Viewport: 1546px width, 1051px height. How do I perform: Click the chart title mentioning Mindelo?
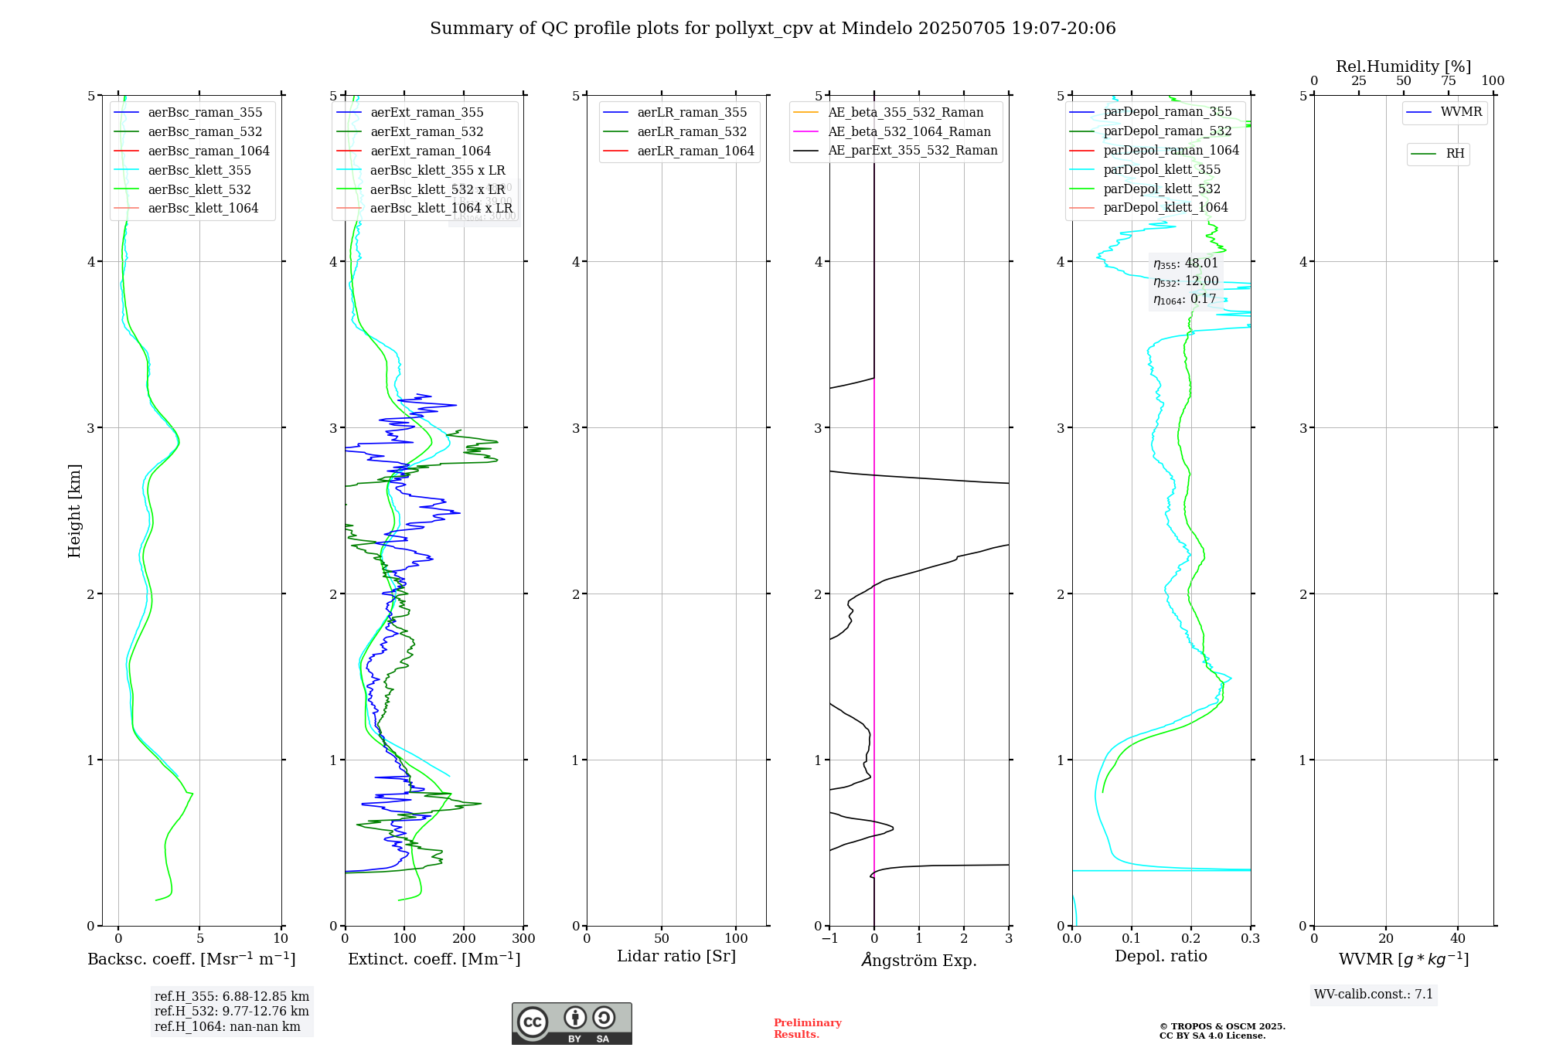[x=773, y=29]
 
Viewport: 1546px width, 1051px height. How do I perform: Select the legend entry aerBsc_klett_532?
[x=199, y=189]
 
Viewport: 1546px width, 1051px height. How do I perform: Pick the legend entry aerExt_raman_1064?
[x=431, y=151]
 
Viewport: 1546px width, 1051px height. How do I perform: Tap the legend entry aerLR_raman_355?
[x=692, y=112]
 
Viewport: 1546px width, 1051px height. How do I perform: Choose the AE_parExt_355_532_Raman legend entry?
[x=912, y=150]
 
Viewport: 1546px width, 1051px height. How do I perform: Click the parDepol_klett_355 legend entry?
[x=1162, y=169]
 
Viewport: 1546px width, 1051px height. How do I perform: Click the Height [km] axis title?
[x=74, y=510]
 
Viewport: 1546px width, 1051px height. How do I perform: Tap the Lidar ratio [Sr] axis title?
[x=676, y=956]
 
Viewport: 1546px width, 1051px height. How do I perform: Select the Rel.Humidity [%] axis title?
[x=1403, y=66]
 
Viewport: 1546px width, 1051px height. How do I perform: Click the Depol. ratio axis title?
[x=1160, y=956]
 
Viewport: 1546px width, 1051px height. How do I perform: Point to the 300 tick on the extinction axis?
[x=524, y=939]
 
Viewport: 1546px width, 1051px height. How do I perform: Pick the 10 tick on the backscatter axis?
[x=281, y=939]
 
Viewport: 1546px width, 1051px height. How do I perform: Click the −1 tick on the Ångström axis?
[x=829, y=939]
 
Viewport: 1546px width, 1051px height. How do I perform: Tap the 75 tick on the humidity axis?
[x=1448, y=80]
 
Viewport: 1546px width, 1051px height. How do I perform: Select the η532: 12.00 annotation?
[x=1186, y=281]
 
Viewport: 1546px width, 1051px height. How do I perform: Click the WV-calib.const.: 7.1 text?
[x=1374, y=994]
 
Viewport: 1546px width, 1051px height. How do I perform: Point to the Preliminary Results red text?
[x=807, y=1029]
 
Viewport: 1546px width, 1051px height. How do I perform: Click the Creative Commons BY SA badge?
[x=571, y=1023]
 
